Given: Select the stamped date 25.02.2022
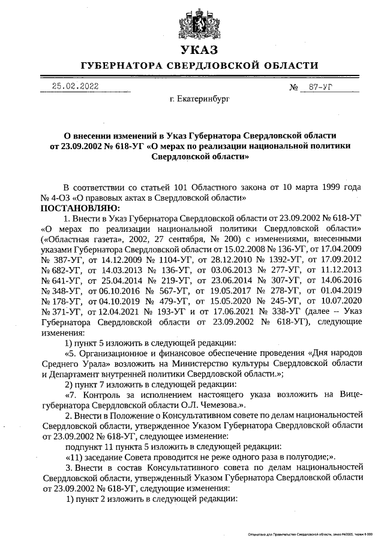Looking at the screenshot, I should (75, 86).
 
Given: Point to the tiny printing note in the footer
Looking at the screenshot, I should (312, 533).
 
